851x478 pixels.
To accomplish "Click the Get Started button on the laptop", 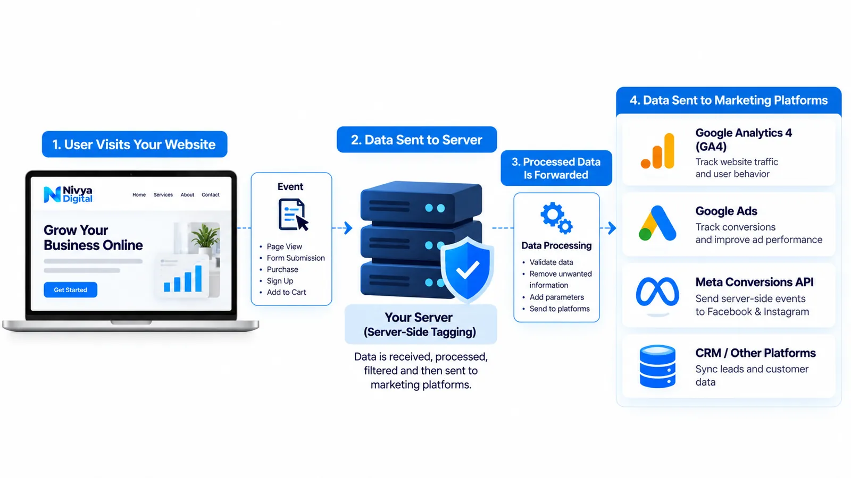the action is pos(70,290).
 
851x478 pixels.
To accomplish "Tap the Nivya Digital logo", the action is pos(68,194).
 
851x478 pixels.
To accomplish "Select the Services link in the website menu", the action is pos(163,194).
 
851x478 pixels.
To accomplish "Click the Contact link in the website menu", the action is pos(211,194).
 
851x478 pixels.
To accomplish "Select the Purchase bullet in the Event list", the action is pos(282,269).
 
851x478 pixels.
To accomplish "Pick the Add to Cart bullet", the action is pos(286,292).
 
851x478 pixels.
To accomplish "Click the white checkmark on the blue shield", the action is pos(468,270).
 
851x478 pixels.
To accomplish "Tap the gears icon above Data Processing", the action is pos(556,218).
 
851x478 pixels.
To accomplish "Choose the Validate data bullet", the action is pos(551,262).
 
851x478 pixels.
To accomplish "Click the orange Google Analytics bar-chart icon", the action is pos(657,151).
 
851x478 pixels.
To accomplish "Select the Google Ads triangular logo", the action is pos(657,223).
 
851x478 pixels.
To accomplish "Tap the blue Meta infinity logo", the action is pos(657,292).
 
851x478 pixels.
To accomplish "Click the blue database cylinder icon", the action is pos(657,366).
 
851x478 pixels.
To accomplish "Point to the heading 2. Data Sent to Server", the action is pos(417,140).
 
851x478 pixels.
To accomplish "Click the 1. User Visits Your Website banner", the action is pos(135,144).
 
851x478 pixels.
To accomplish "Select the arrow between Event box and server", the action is pos(343,228).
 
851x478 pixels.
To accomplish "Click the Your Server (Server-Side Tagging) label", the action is pos(420,325).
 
